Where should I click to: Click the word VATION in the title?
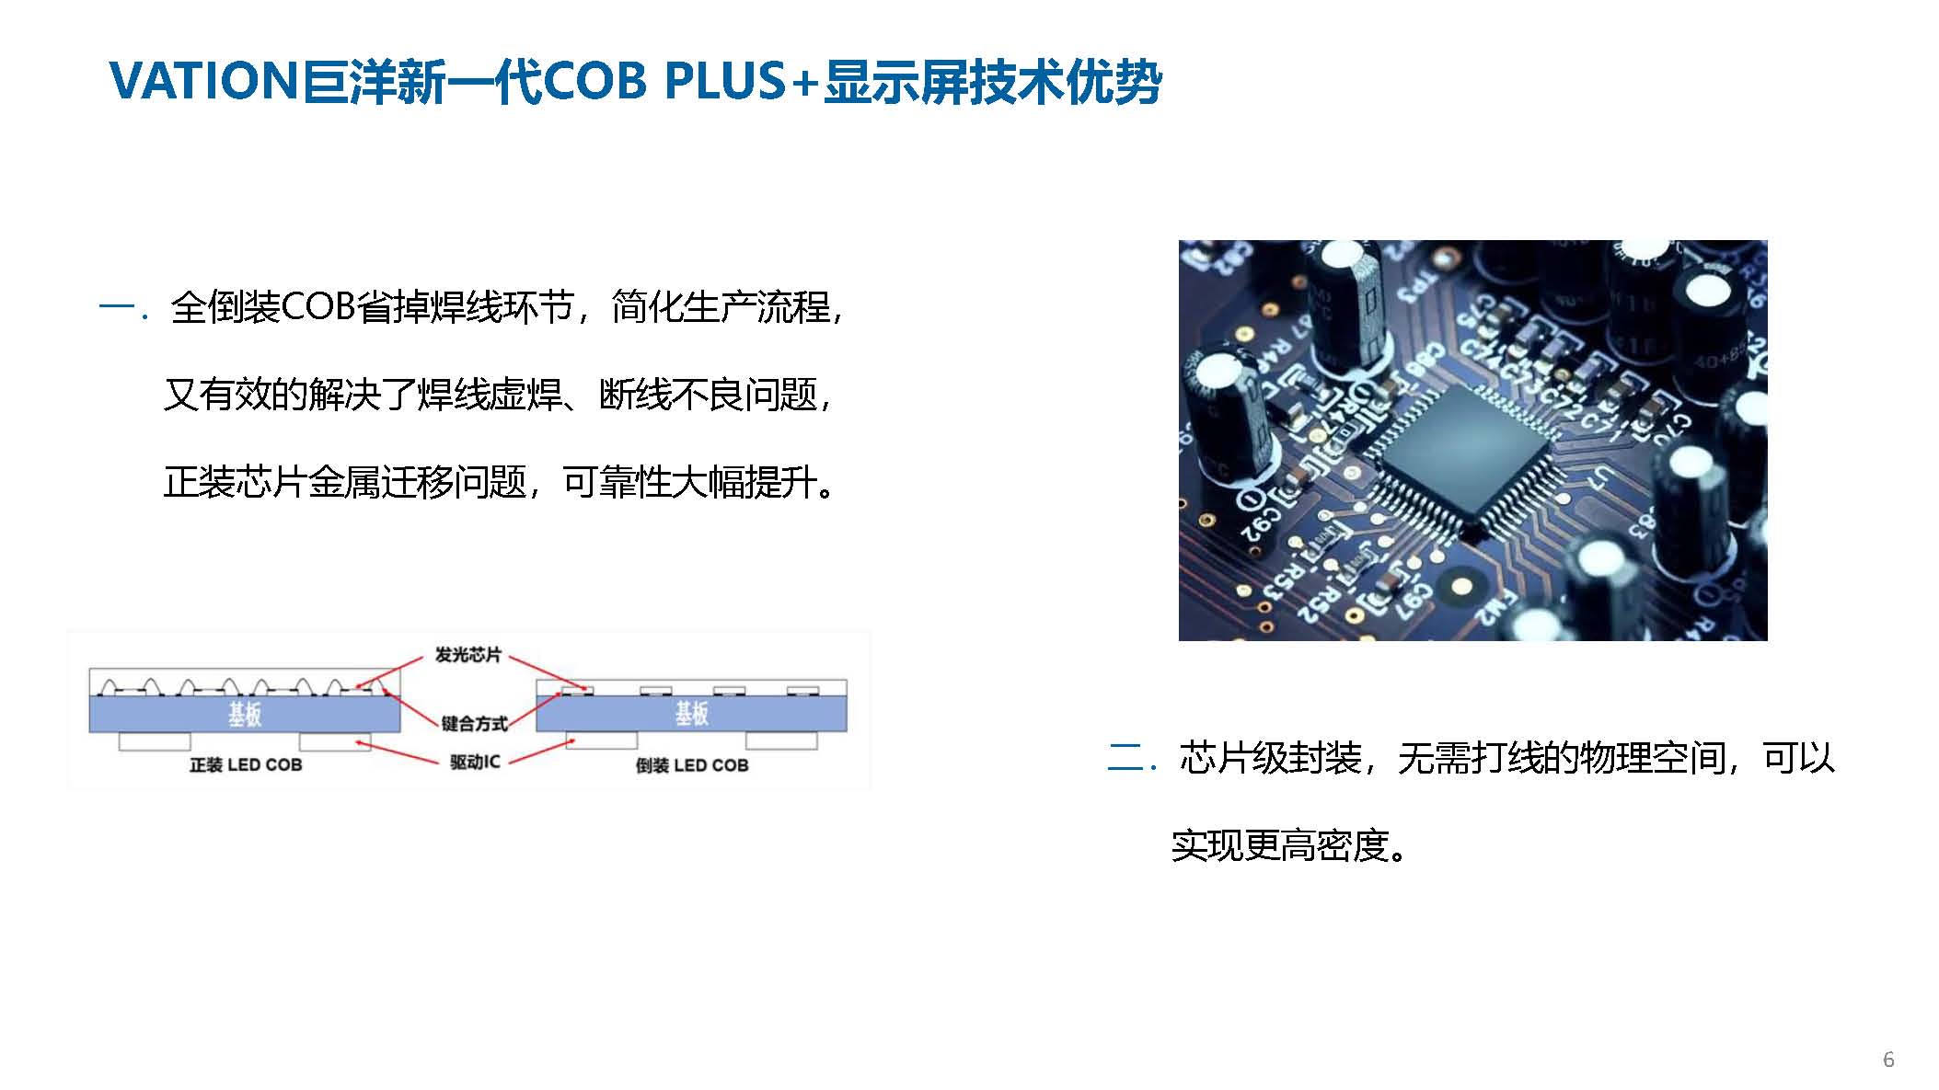click(202, 81)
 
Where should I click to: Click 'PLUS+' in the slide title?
click(741, 81)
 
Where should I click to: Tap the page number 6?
click(1888, 1060)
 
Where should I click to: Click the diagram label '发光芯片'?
click(467, 655)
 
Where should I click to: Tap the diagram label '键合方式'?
click(474, 724)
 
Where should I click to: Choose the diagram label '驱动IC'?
click(475, 762)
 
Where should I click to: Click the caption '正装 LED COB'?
click(246, 765)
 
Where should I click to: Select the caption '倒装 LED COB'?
click(692, 765)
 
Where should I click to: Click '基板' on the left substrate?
click(245, 714)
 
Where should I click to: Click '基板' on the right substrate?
click(692, 714)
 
